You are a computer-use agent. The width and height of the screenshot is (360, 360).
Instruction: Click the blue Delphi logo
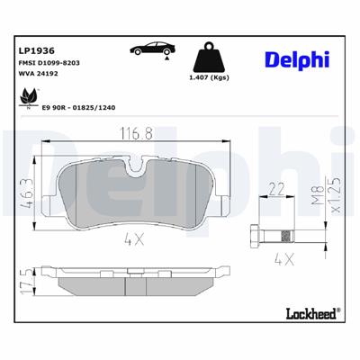[x=298, y=58]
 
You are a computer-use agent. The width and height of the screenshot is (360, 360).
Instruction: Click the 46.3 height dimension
[x=26, y=194]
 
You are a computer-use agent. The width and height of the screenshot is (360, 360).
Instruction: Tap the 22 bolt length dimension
[x=276, y=189]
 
